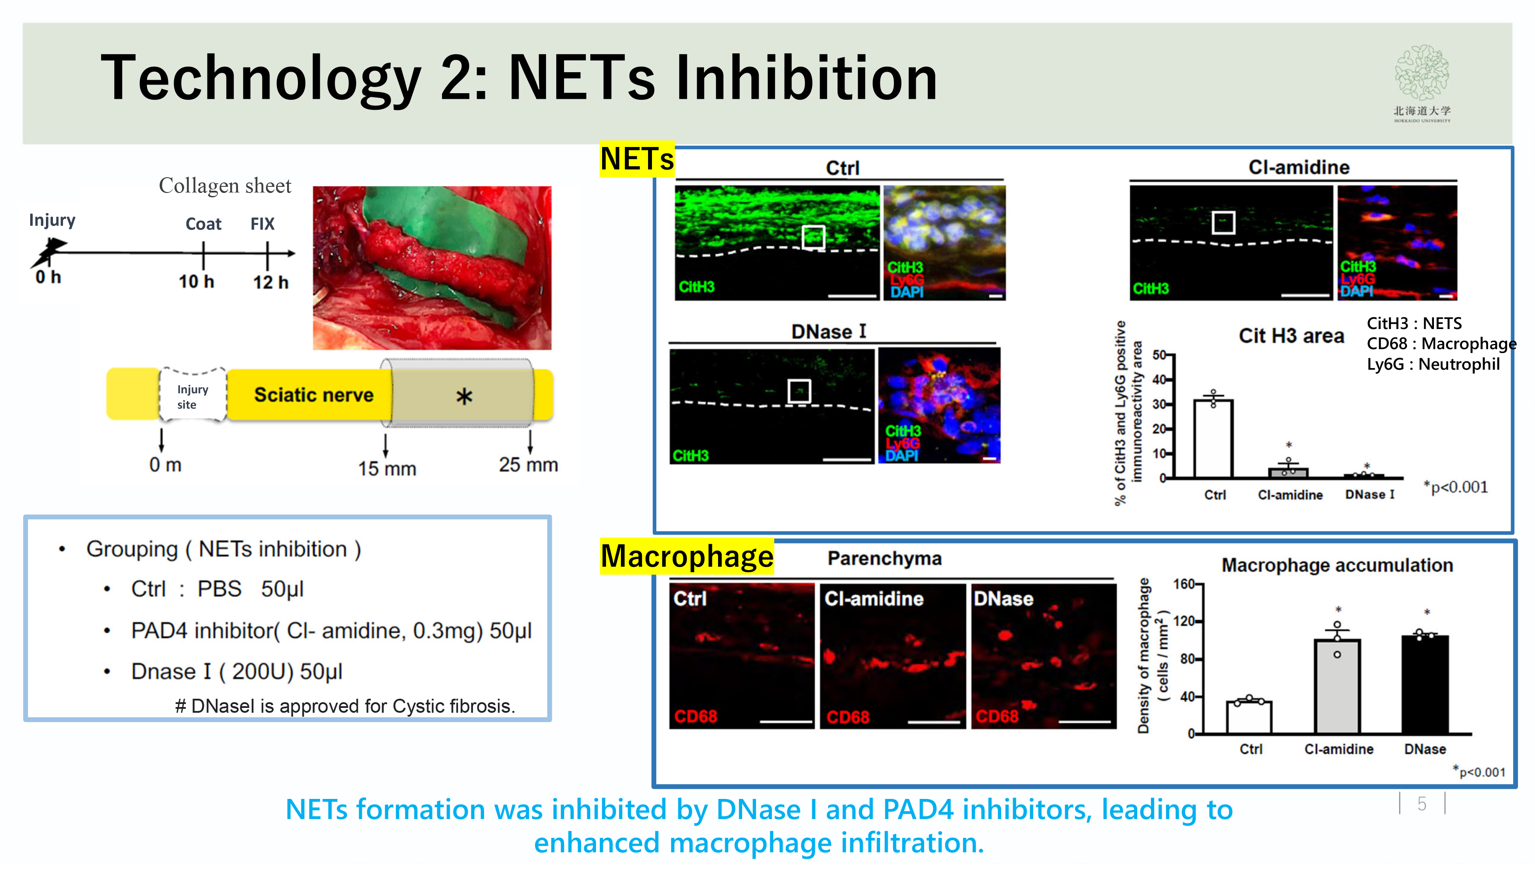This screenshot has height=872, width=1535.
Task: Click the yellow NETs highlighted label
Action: (636, 159)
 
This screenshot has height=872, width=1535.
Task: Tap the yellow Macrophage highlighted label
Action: (687, 557)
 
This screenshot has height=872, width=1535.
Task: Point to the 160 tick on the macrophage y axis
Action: (1184, 584)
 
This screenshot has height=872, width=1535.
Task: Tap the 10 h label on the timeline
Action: (196, 281)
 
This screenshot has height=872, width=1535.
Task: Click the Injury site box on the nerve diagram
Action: (192, 396)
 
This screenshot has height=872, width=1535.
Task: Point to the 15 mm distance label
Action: (387, 468)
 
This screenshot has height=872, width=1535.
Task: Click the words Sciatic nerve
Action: (313, 395)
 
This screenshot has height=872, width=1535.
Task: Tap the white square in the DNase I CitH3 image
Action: (799, 391)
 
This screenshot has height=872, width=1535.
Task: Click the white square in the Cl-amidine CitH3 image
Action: (1223, 222)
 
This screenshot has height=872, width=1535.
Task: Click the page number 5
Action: (1421, 804)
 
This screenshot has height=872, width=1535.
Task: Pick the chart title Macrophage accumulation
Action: (1337, 565)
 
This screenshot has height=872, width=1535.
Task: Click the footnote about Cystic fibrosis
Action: (345, 706)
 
